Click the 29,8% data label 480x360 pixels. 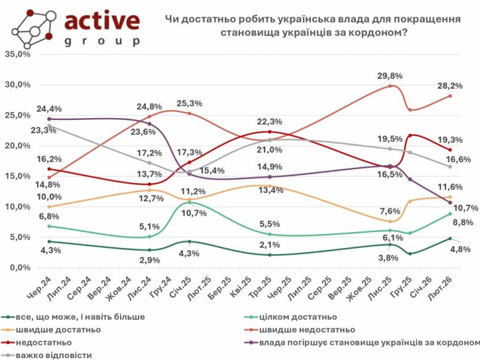click(x=390, y=76)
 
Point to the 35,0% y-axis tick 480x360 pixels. click(x=17, y=54)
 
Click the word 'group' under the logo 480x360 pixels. click(x=102, y=42)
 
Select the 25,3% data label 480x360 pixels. click(x=189, y=103)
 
